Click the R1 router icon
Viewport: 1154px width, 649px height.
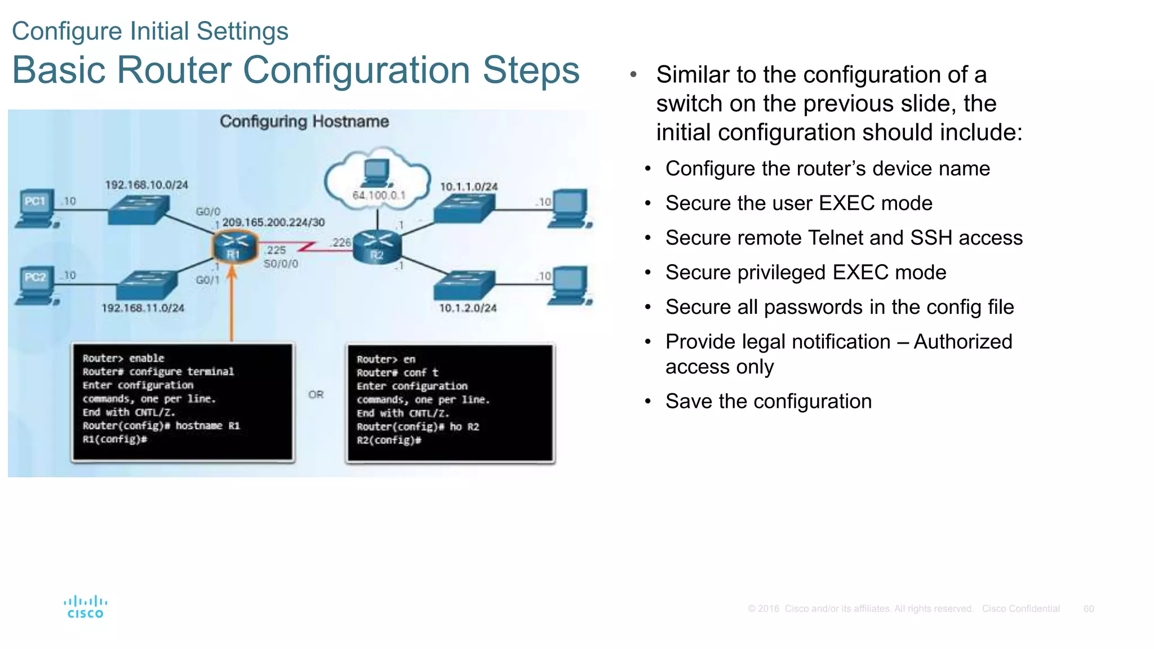click(234, 247)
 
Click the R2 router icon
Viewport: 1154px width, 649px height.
click(377, 247)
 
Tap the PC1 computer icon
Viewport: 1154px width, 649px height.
click(35, 208)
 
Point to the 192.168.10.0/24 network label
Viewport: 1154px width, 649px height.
click(147, 185)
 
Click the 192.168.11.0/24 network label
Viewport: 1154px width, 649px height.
click(143, 308)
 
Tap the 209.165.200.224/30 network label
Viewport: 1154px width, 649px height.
click(273, 223)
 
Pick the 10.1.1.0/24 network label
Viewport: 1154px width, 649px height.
click(469, 186)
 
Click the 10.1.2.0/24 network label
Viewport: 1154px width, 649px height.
click(468, 308)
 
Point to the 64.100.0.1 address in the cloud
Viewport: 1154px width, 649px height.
click(379, 195)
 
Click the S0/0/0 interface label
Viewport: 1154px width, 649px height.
click(281, 264)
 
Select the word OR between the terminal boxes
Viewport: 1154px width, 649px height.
click(316, 394)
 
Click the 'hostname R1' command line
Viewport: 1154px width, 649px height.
click(161, 426)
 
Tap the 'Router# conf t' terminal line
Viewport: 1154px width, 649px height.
click(397, 373)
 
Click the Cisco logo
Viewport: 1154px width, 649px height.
click(85, 607)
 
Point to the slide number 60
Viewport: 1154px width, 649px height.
click(1089, 609)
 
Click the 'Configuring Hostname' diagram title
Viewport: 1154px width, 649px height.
click(304, 122)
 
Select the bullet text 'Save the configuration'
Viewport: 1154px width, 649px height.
click(769, 402)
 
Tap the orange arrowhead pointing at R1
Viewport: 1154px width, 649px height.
click(232, 273)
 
